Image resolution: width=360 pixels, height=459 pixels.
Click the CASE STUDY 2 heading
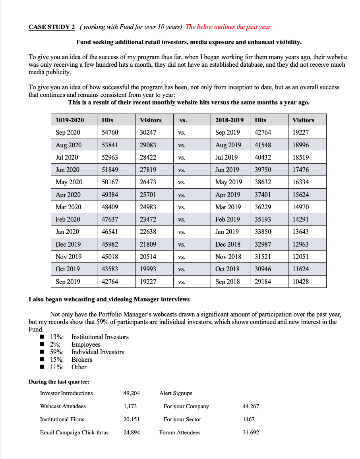click(52, 27)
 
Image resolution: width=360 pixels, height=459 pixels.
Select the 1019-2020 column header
click(68, 120)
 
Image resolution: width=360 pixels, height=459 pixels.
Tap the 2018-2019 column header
click(229, 120)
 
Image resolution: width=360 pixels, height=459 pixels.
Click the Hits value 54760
click(110, 132)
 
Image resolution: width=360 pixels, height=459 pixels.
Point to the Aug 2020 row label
click(68, 145)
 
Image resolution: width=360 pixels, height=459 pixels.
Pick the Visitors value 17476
click(301, 170)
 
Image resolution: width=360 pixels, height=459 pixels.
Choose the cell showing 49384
click(110, 195)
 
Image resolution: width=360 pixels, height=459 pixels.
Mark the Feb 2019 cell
click(227, 219)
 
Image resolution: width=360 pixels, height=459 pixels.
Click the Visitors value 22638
click(148, 231)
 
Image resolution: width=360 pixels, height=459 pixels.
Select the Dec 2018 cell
click(228, 244)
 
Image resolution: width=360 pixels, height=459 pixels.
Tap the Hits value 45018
click(110, 256)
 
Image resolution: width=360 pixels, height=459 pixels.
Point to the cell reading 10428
click(301, 282)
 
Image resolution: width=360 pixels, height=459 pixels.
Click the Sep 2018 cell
click(227, 282)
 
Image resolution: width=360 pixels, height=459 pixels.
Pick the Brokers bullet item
click(81, 360)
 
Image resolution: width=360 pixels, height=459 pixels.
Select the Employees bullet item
click(86, 345)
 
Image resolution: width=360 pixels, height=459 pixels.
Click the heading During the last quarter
click(59, 382)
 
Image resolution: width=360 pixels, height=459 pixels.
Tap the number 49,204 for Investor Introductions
click(132, 393)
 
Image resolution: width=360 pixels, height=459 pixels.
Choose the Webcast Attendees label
click(63, 406)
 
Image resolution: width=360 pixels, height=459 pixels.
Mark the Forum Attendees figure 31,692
click(251, 432)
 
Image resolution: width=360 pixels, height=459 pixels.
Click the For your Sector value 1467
click(249, 419)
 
